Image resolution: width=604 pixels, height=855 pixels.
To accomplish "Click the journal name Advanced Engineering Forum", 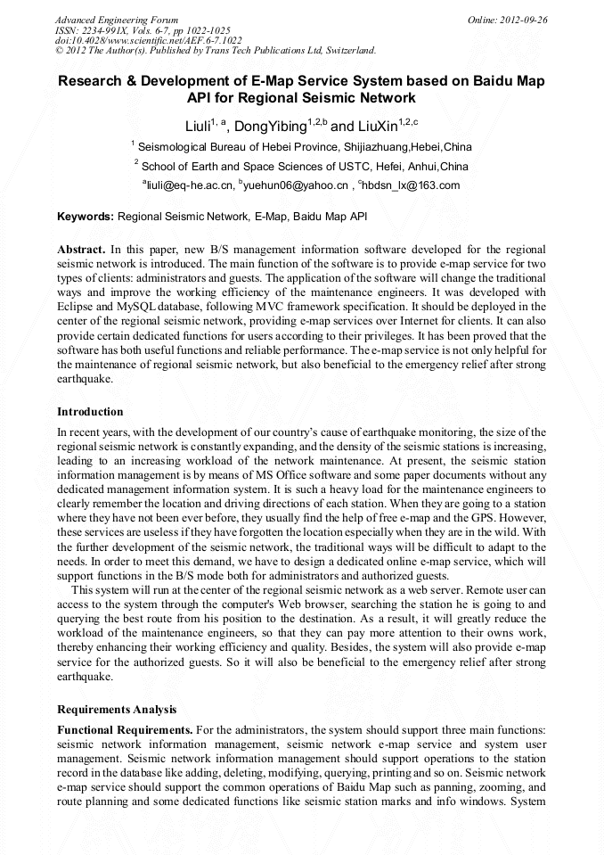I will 117,20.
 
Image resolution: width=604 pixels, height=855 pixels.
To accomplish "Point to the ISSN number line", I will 142,30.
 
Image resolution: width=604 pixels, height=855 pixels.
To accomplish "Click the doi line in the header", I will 148,40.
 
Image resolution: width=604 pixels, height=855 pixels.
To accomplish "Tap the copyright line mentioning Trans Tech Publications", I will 215,51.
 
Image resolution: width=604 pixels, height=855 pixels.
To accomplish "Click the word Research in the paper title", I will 92,81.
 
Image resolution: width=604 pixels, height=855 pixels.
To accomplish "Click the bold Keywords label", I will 86,217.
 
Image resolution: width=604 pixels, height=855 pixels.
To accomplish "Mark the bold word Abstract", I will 82,250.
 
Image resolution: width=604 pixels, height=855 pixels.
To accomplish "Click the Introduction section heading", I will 90,412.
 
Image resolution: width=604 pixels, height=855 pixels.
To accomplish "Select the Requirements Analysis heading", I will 117,710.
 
